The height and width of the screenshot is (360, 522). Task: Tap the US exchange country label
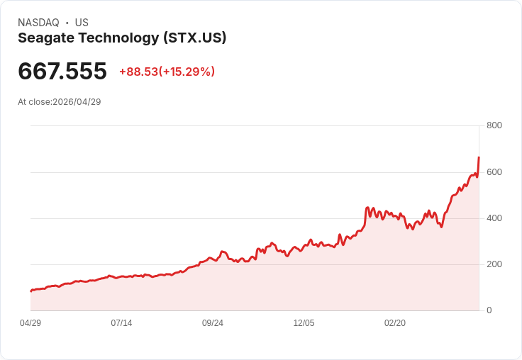(x=82, y=23)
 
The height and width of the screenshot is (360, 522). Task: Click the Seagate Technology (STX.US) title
(x=122, y=38)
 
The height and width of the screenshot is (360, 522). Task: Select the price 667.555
(x=62, y=72)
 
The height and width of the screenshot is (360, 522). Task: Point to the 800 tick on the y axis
(x=494, y=125)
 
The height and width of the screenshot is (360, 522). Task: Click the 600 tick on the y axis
(x=494, y=172)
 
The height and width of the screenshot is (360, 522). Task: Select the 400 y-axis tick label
(x=494, y=218)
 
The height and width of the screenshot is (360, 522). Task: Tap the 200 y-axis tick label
(x=494, y=264)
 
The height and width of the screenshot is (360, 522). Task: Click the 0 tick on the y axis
(x=489, y=310)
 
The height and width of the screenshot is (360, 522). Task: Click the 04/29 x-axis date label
(x=30, y=323)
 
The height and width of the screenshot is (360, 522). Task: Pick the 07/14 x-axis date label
(x=121, y=323)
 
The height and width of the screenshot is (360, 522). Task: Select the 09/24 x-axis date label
(x=213, y=323)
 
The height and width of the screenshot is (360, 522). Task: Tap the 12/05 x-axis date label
(x=304, y=323)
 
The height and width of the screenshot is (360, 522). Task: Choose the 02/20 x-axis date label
(x=395, y=323)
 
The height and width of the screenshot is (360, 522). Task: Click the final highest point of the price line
(x=479, y=157)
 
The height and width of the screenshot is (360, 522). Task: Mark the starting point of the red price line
(x=30, y=291)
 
